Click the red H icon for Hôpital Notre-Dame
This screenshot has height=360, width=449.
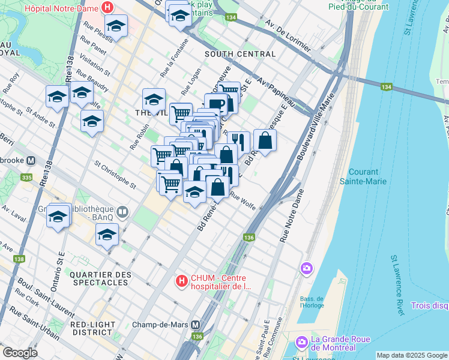[x=107, y=8]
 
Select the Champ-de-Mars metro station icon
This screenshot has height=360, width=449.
[x=196, y=324]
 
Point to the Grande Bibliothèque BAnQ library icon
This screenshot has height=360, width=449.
[x=123, y=211]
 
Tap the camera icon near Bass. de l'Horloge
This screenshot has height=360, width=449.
[x=307, y=268]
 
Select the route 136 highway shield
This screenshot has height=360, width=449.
[x=249, y=238]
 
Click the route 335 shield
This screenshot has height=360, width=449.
[x=26, y=178]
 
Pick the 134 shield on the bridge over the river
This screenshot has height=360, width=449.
[x=384, y=88]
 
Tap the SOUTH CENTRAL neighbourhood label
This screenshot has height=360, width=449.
[x=240, y=54]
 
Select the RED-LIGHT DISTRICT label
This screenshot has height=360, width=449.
[x=92, y=329]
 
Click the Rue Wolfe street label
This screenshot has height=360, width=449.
[x=243, y=202]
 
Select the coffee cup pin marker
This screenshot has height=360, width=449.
[x=215, y=104]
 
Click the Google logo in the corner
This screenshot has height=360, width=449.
[x=20, y=352]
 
